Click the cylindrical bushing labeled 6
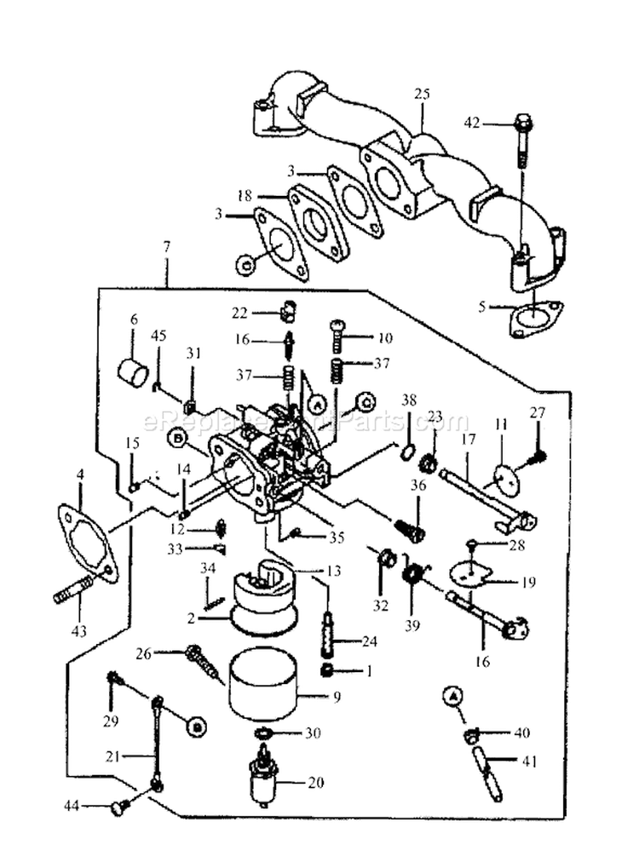tap(133, 372)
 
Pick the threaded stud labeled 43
tap(71, 589)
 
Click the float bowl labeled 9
tap(264, 685)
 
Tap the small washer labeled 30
tap(264, 733)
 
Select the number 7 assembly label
tap(166, 247)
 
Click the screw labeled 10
tap(337, 337)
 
